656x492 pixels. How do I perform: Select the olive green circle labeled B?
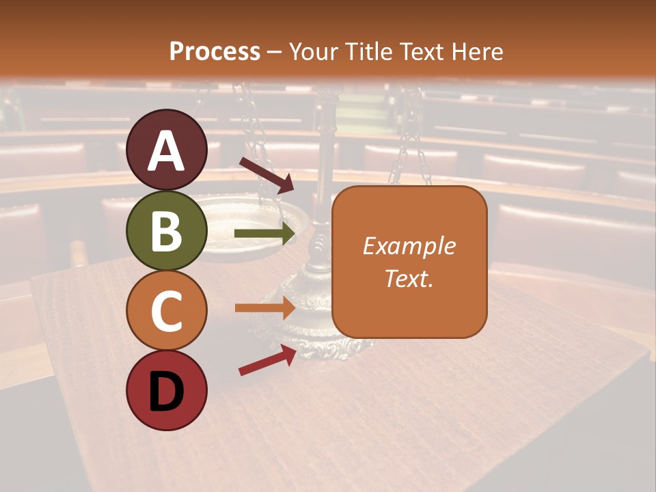167,230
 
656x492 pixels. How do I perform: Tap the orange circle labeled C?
167,310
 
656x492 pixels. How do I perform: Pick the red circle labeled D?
167,390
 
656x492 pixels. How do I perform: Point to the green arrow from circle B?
265,234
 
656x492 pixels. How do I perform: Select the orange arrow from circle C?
265,307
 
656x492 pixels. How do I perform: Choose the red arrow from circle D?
267,360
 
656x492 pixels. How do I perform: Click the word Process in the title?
215,51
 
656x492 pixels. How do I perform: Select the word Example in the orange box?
409,247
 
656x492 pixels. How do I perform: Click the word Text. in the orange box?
409,278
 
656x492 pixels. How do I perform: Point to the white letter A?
167,151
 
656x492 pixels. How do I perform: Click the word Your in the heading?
315,51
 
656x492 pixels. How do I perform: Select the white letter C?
167,311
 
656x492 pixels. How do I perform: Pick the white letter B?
167,231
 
